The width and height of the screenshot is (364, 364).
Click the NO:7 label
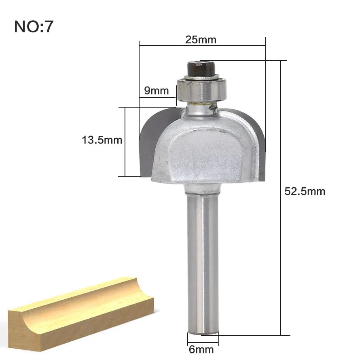(x=34, y=26)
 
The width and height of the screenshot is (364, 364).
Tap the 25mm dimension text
(x=201, y=40)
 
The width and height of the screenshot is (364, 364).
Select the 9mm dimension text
(x=157, y=90)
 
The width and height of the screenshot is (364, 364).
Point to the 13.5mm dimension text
(x=102, y=140)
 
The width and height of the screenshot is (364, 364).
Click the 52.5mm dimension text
(x=305, y=191)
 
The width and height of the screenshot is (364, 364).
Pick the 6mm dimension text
(x=201, y=349)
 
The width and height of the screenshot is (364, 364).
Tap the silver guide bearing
(x=201, y=89)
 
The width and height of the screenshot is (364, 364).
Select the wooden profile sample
(x=81, y=314)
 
